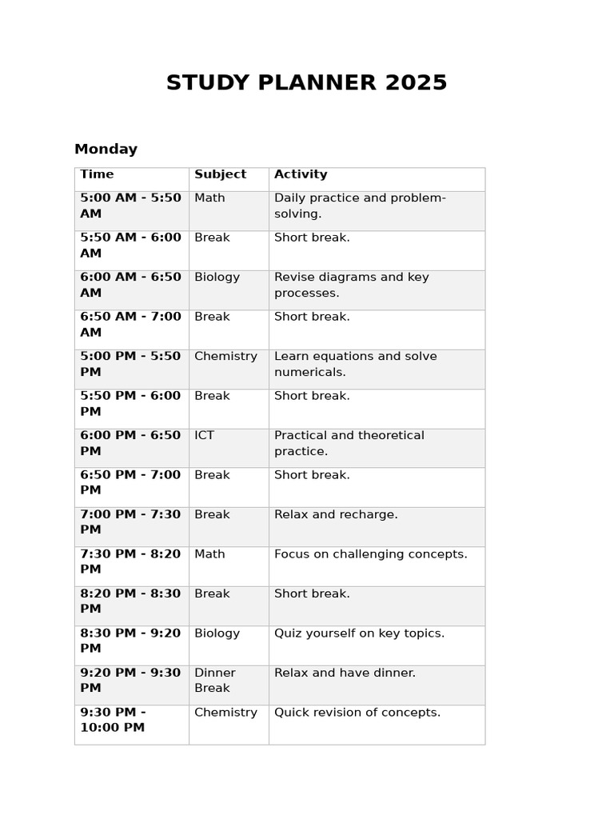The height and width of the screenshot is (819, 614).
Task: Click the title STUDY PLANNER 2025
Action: (306, 83)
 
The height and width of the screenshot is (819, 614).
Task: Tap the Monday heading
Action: (106, 150)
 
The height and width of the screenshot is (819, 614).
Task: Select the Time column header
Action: (97, 174)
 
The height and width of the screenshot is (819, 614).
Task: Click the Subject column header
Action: (220, 174)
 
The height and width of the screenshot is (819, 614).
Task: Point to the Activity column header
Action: (301, 174)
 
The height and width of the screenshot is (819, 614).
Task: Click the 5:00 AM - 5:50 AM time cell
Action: (130, 206)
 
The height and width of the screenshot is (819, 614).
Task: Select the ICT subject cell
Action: (205, 436)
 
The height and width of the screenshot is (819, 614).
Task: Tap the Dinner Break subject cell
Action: (215, 681)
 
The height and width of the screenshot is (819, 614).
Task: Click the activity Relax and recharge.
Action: (336, 515)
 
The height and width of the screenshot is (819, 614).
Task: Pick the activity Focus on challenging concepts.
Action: (370, 554)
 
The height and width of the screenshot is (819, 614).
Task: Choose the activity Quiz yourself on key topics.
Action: (359, 633)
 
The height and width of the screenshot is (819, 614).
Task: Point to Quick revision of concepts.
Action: (357, 713)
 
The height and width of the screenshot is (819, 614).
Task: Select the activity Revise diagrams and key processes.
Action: (352, 286)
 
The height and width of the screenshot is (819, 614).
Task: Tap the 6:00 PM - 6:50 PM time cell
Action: (130, 444)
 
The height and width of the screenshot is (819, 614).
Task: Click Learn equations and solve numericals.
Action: (355, 365)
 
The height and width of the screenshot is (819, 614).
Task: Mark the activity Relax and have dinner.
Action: (345, 673)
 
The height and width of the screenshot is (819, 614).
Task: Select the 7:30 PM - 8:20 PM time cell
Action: (130, 562)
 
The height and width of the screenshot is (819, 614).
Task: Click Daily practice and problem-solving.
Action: (360, 206)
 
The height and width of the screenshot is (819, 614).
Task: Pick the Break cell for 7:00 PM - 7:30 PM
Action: (212, 515)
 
